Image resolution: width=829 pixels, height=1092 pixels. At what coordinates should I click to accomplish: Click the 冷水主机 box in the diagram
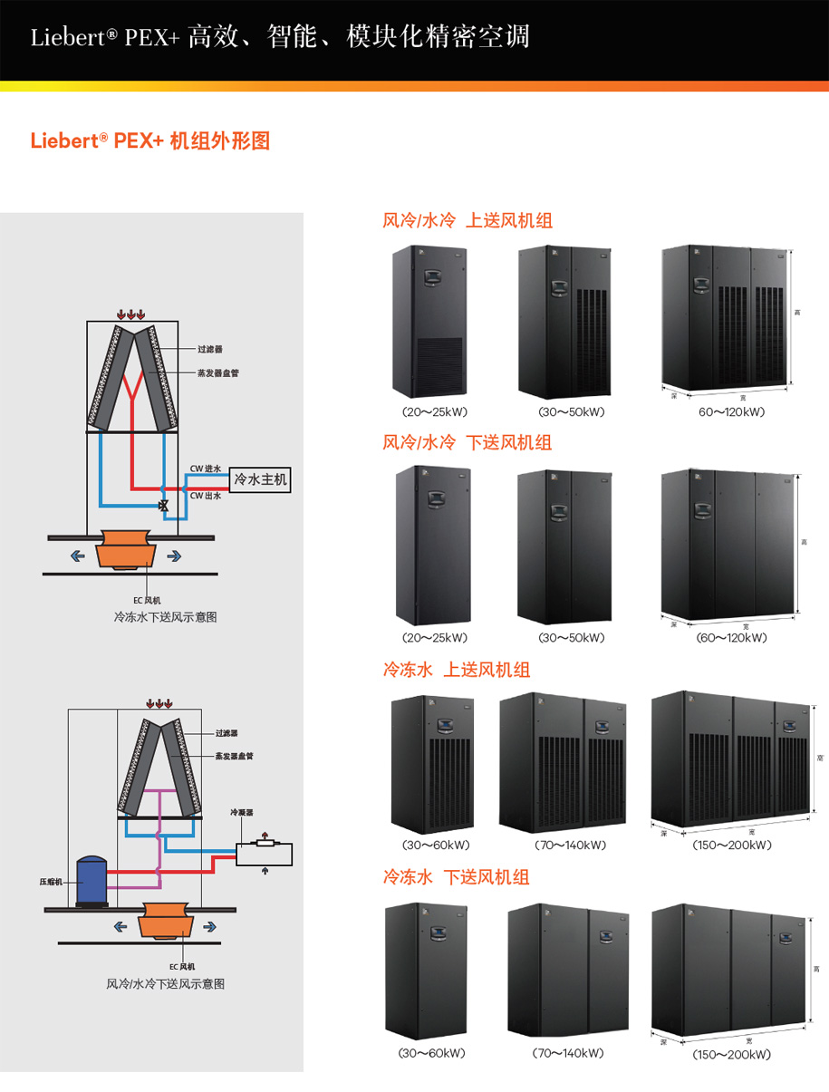pos(261,479)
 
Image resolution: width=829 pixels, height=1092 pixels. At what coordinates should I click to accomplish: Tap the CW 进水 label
pos(205,469)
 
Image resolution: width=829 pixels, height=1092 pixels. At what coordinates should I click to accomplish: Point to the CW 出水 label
pos(205,496)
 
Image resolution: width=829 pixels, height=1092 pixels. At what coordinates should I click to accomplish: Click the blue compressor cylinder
pos(92,880)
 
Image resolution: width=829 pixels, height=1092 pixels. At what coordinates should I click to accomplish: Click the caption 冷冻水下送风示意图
pos(165,617)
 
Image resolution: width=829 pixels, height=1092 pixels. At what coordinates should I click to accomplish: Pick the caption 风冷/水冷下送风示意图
pos(165,983)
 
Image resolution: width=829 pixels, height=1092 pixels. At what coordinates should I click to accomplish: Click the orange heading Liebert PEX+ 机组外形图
pos(150,141)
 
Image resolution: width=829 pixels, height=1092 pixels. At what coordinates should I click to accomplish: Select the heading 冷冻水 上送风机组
pos(457,670)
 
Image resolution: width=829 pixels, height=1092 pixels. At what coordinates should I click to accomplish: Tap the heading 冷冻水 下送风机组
pos(457,877)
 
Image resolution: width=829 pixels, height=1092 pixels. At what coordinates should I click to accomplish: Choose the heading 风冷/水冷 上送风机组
pos(468,220)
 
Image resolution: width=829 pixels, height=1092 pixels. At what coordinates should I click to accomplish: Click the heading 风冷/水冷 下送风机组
pos(468,442)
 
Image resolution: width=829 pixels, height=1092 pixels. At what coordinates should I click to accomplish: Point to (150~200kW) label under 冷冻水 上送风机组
pos(732,846)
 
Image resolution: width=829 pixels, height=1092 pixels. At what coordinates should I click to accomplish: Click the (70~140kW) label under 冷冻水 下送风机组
pos(569,1053)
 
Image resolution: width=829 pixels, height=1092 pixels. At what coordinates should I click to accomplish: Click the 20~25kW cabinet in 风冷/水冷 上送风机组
pos(428,322)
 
